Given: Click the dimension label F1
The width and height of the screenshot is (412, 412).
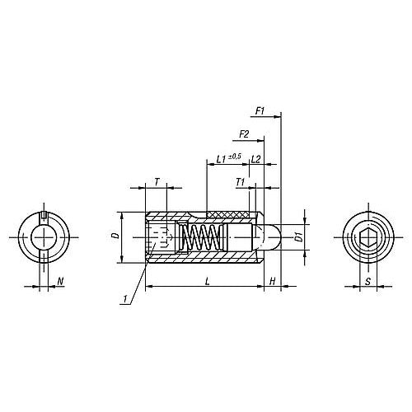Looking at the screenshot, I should click(x=260, y=110).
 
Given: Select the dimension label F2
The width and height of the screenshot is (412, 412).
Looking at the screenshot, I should click(x=244, y=133).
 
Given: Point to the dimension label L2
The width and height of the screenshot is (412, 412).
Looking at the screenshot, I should click(x=256, y=157).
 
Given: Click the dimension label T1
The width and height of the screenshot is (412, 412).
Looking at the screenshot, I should click(x=240, y=180).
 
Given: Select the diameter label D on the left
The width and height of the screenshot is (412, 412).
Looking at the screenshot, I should click(x=115, y=236).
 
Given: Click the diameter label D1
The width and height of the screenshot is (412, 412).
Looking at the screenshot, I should click(x=300, y=236).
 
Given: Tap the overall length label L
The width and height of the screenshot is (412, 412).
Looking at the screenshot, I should click(x=205, y=281).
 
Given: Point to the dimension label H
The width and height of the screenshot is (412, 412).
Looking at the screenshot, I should click(x=273, y=281).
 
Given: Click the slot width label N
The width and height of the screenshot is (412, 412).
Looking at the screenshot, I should click(x=60, y=282).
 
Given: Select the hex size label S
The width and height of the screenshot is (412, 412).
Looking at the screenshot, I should click(x=368, y=282).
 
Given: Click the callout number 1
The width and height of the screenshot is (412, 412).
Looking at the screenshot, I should click(x=124, y=302).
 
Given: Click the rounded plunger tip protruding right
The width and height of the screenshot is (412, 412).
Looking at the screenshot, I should click(x=273, y=237).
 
